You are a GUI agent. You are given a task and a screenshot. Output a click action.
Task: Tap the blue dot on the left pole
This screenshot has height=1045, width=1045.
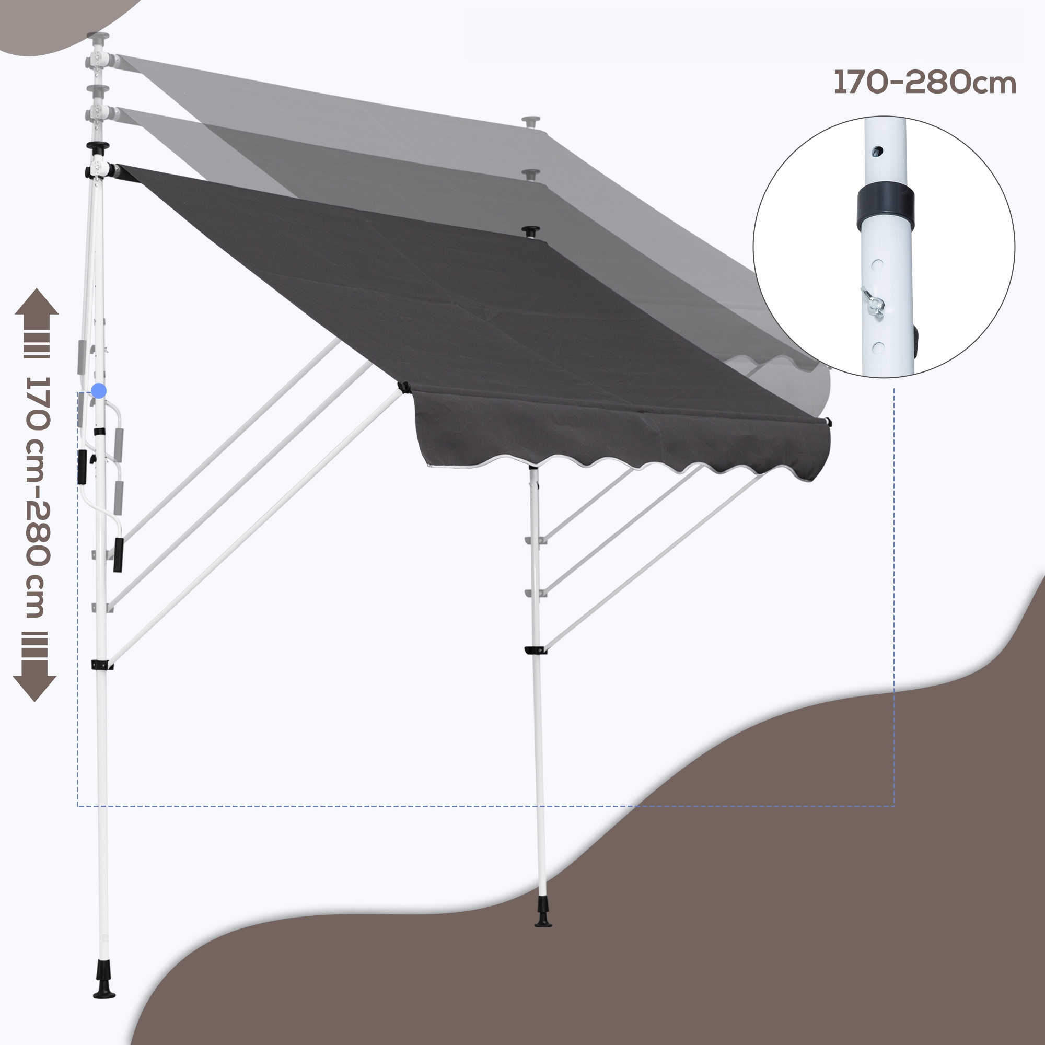click(98, 390)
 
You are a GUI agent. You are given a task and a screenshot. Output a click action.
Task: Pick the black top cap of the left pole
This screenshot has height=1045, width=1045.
click(97, 146)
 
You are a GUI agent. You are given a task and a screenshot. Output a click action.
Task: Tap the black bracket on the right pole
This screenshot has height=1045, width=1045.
click(535, 649)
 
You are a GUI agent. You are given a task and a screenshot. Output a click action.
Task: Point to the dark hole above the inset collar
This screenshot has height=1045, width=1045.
click(879, 152)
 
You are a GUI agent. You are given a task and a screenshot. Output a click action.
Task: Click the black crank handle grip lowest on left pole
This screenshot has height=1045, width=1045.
click(118, 554)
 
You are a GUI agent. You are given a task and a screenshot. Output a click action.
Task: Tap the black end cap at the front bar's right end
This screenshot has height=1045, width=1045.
click(828, 422)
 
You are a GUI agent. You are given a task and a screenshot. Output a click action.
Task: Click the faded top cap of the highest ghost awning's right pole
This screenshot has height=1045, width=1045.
click(531, 121)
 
